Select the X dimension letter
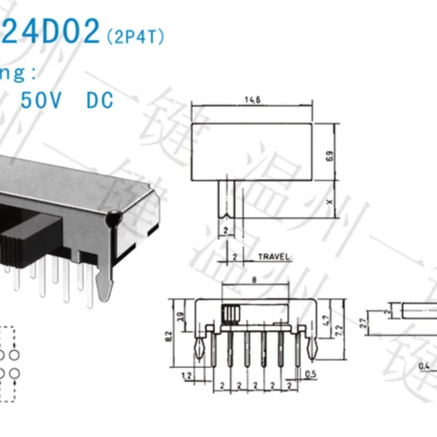[x=329, y=200]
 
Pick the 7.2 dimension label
[x=339, y=330]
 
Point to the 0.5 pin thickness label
[x=310, y=375]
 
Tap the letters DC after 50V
[x=99, y=100]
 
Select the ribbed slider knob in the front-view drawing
[x=231, y=314]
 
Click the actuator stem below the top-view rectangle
[x=227, y=199]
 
